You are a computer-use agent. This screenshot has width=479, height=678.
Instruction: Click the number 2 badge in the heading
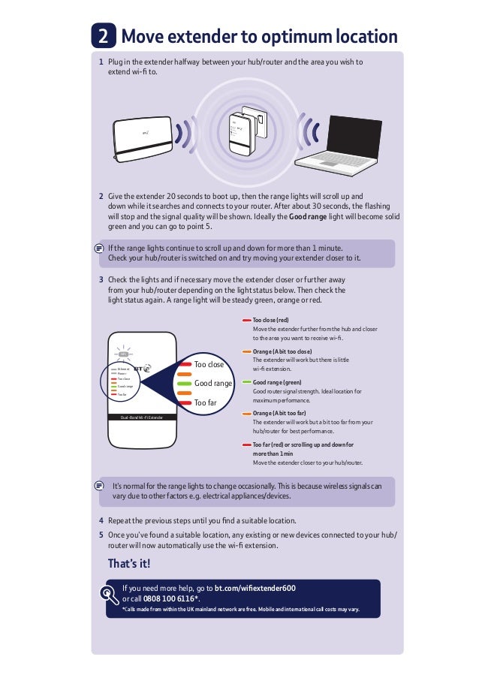(x=102, y=36)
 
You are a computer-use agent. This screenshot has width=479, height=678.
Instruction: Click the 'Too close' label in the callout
(x=209, y=364)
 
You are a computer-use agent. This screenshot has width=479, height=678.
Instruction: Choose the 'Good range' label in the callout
(x=213, y=383)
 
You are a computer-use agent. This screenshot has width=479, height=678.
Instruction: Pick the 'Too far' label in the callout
(x=206, y=402)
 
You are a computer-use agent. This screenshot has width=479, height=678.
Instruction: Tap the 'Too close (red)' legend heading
(x=270, y=320)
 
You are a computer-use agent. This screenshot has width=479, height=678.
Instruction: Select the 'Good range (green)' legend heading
(x=277, y=382)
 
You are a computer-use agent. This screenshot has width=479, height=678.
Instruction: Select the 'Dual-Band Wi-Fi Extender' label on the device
(x=141, y=417)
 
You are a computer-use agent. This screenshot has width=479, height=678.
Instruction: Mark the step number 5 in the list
(x=101, y=535)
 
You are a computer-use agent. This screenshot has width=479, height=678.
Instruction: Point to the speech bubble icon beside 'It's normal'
(x=100, y=486)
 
